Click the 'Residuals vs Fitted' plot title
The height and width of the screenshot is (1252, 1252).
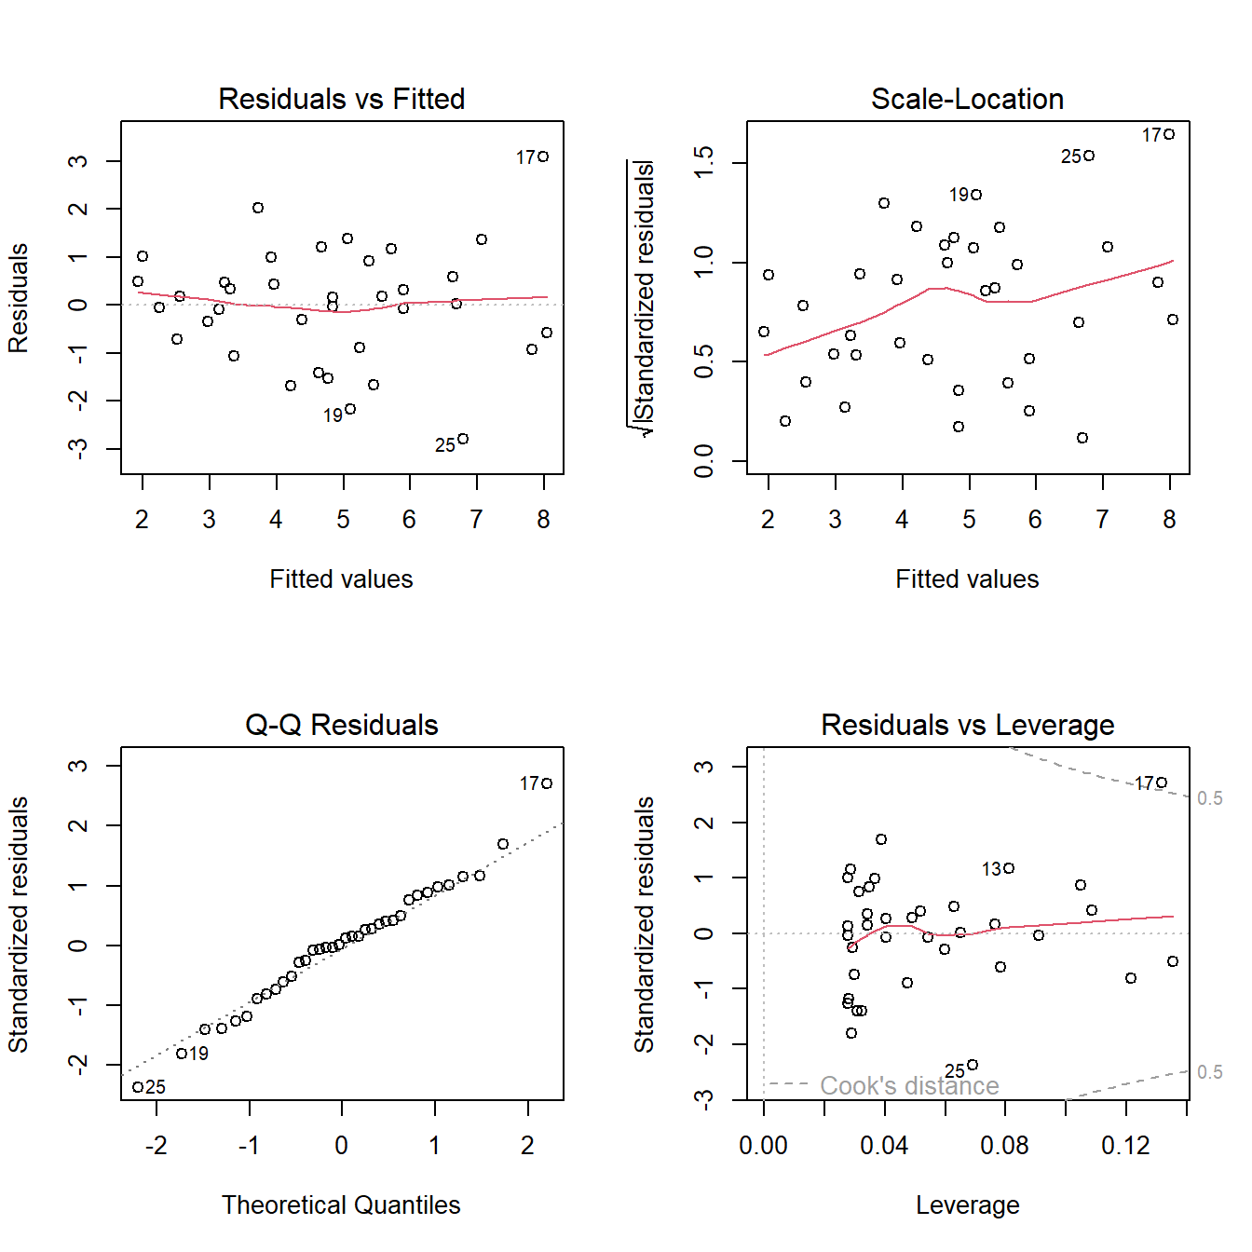[341, 99]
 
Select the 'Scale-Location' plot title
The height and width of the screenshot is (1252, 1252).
[967, 99]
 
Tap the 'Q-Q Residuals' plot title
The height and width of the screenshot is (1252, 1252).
[341, 725]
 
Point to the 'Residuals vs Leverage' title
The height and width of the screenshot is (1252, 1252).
[967, 725]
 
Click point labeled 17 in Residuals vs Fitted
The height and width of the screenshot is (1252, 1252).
[543, 156]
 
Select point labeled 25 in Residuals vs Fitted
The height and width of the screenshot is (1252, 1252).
[463, 439]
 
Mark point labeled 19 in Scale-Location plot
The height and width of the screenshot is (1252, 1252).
[976, 195]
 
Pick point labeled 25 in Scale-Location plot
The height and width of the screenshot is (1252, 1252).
[1089, 156]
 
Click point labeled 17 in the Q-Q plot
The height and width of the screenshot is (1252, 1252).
[547, 783]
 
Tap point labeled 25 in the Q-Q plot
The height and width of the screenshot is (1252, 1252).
[138, 1087]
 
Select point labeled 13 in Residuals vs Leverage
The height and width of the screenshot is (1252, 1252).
[1009, 868]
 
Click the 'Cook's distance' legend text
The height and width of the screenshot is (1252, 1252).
[909, 1086]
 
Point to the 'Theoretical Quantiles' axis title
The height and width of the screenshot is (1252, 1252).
[341, 1205]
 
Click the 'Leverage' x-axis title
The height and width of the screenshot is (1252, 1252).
[967, 1205]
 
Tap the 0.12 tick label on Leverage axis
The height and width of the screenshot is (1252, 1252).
[1125, 1146]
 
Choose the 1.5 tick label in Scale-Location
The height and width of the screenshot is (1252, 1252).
[704, 163]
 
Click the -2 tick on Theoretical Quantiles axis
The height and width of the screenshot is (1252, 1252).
[156, 1146]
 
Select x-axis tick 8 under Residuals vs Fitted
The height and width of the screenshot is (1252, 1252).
[544, 520]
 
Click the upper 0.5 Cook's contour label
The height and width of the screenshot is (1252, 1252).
[1210, 798]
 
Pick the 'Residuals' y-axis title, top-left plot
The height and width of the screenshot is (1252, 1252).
[19, 298]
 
